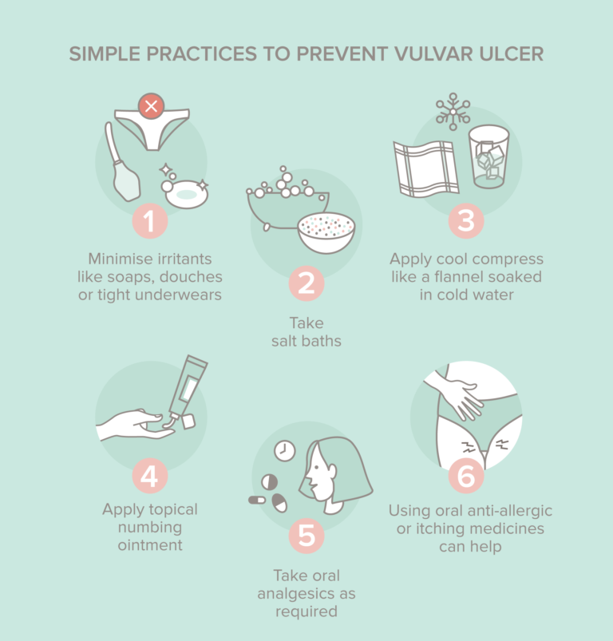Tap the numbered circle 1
click(149, 220)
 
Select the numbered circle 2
click(306, 284)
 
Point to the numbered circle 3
click(465, 220)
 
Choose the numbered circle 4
click(149, 477)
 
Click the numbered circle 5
click(306, 536)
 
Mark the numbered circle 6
click(465, 477)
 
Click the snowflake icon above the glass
click(453, 112)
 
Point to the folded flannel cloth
click(425, 168)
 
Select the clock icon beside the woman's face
click(284, 451)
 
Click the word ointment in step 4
click(149, 546)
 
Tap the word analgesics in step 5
click(306, 595)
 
